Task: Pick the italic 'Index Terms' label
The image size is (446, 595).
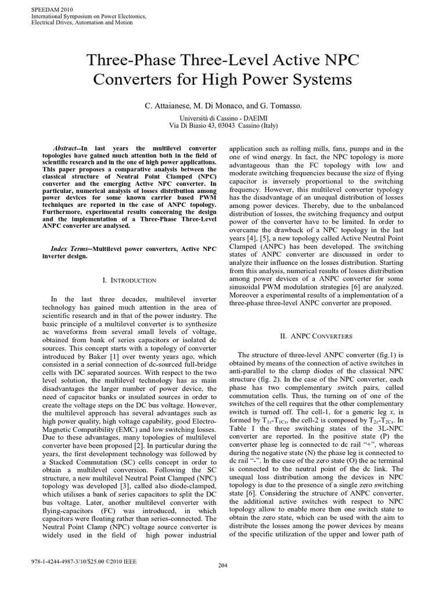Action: [x=74, y=248]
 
